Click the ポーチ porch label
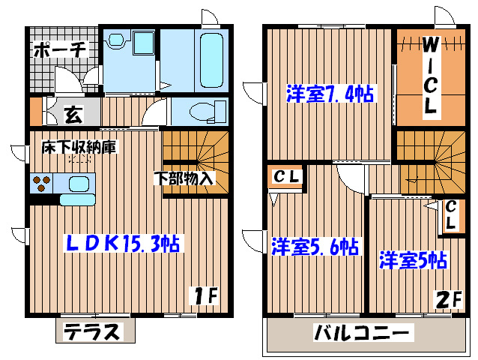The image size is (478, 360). coord(61,50)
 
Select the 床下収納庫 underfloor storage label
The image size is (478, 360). coord(79,148)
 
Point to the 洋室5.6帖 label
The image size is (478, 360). coord(314,245)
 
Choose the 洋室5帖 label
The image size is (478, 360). coord(413,260)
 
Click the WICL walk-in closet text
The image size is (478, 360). coord(431,75)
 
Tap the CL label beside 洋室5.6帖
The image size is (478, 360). coord(285,178)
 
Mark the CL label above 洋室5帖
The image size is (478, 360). coord(451,214)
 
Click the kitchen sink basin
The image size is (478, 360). coord(78,182)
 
